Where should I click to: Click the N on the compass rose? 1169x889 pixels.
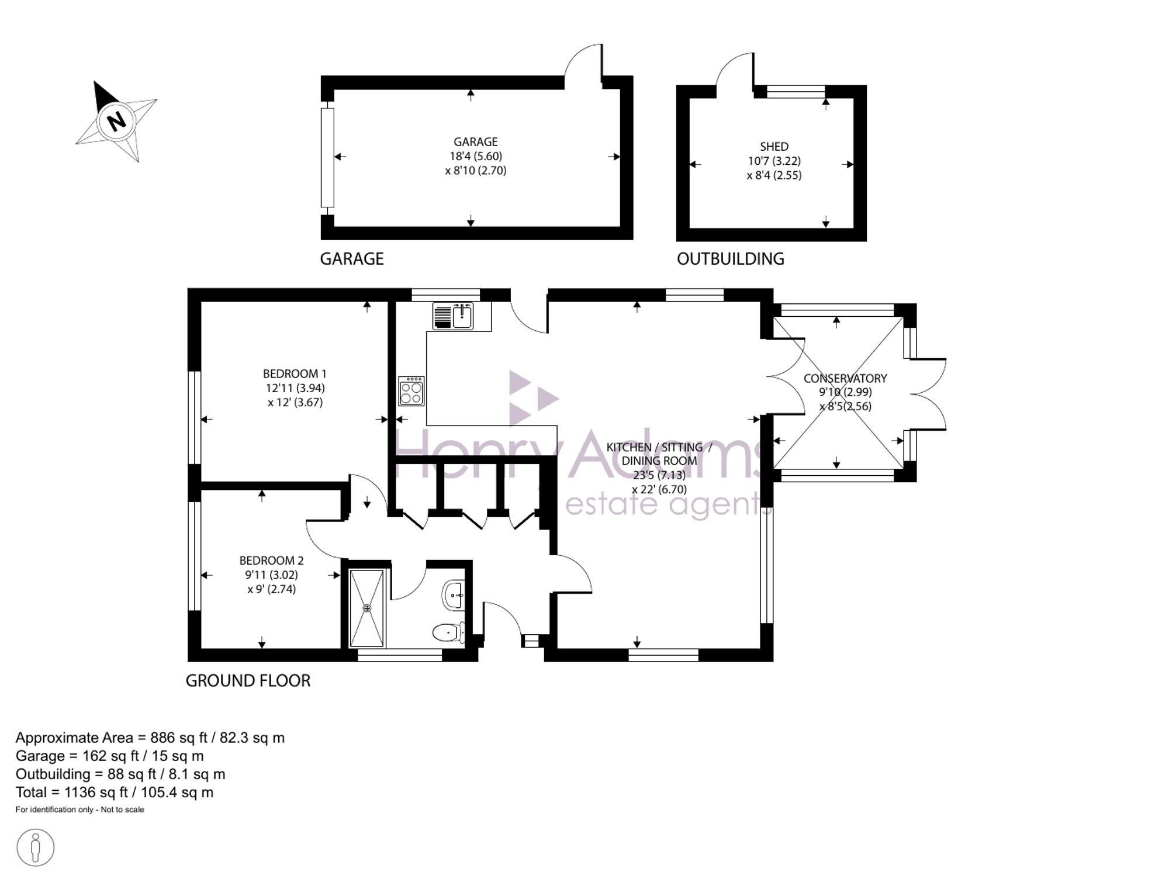tap(117, 120)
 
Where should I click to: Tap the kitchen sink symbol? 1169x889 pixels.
tap(454, 316)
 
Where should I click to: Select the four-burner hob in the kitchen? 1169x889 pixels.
tap(411, 391)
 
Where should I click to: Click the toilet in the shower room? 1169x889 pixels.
tap(449, 632)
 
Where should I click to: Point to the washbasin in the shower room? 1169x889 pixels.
tap(454, 594)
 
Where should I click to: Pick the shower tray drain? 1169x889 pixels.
tap(367, 608)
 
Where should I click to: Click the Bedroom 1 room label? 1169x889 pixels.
tap(295, 373)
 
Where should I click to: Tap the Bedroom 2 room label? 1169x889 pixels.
tap(271, 561)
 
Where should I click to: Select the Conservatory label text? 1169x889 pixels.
tap(845, 378)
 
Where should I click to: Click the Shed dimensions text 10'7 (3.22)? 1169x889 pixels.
tap(774, 161)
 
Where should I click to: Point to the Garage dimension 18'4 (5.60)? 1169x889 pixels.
tap(476, 156)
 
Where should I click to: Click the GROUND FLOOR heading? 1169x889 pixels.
tap(248, 680)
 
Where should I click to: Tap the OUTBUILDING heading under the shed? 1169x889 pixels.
tap(731, 259)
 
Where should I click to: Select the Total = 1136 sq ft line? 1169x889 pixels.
tap(115, 793)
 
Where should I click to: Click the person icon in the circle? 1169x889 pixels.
tap(36, 848)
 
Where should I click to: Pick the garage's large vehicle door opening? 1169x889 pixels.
tap(327, 158)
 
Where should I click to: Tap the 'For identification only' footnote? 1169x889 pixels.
tap(80, 810)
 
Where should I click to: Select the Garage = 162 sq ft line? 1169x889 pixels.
tap(110, 756)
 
